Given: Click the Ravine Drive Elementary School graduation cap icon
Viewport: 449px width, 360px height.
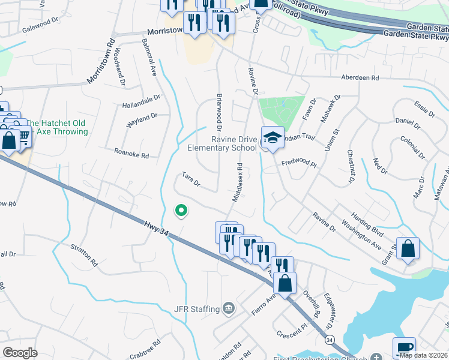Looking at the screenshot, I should pos(273,137).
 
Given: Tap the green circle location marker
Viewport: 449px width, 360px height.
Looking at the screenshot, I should pos(180,210).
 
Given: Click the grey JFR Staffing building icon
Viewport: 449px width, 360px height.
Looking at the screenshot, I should pos(228,309).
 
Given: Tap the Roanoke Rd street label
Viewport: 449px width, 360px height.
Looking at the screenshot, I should pos(131,154).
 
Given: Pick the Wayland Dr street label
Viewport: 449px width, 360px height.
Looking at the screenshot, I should pos(142,119).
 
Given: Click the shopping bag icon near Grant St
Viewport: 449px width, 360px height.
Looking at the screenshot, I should pos(408,249).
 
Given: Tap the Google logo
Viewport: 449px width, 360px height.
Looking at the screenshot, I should pos(20,352).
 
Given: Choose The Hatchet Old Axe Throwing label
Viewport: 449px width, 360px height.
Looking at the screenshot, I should pos(57,127).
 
